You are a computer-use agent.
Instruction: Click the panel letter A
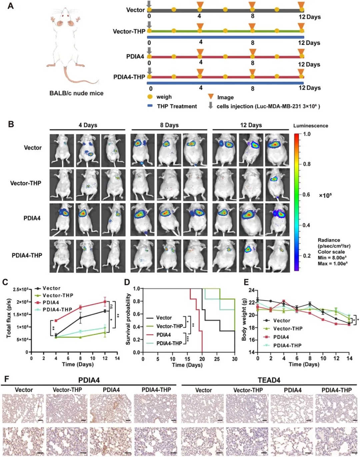coord(11,6)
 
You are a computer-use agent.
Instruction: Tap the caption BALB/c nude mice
coord(76,93)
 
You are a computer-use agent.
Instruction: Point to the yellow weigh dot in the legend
coord(150,97)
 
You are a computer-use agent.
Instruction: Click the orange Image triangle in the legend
coord(211,96)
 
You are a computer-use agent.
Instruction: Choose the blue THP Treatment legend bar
coord(150,106)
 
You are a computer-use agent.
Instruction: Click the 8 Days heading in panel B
coord(169,125)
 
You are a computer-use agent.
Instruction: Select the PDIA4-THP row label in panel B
coord(27,256)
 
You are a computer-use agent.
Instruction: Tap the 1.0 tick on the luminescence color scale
coord(307,134)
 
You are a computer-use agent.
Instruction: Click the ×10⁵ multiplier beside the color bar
coord(325,195)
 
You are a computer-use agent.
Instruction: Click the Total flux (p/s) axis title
coord(9,318)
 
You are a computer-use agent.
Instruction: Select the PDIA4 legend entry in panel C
coord(50,303)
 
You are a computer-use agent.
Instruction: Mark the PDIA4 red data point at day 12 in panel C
coord(105,302)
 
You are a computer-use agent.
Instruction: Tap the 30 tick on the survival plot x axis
coord(235,359)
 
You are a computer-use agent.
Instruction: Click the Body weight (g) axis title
coord(244,319)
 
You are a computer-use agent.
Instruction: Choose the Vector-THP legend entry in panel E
coord(288,329)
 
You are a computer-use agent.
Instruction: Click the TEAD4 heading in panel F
coord(269,380)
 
